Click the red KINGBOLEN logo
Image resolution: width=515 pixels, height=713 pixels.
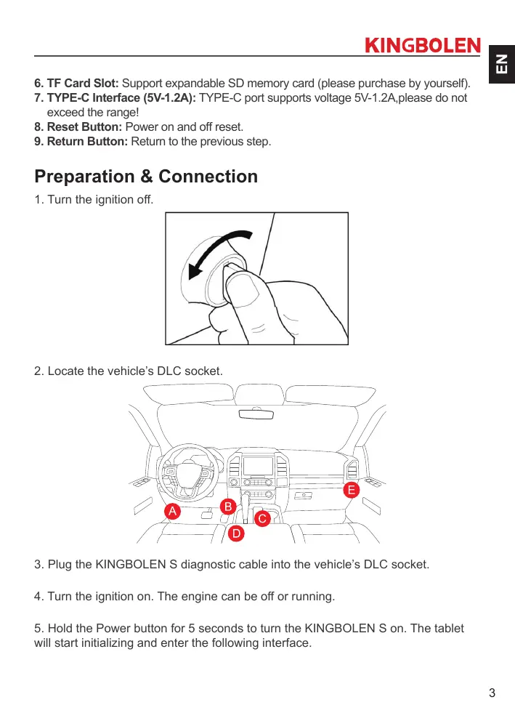click(x=422, y=46)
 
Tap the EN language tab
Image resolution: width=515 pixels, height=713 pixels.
click(x=500, y=63)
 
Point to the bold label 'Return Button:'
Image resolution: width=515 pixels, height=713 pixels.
click(x=81, y=141)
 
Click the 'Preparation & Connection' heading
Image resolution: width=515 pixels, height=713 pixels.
click(x=146, y=177)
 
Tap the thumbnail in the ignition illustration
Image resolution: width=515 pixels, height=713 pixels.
click(x=248, y=290)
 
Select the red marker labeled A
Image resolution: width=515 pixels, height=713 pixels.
click(x=172, y=511)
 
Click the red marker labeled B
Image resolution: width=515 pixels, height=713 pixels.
click(x=227, y=505)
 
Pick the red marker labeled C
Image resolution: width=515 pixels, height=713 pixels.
click(x=262, y=517)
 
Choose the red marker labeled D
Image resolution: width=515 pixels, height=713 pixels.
click(x=236, y=535)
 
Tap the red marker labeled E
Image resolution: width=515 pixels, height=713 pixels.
click(x=352, y=491)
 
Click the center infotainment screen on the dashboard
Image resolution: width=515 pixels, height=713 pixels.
click(x=259, y=465)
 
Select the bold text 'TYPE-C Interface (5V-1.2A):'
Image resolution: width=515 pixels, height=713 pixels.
click(x=115, y=97)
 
